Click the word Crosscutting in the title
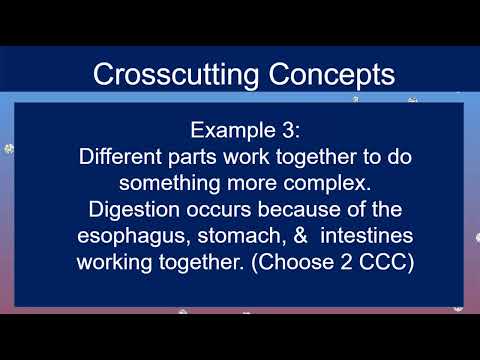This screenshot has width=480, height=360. click(x=173, y=73)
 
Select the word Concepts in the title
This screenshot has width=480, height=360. click(x=324, y=73)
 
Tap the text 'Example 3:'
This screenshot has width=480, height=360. click(x=239, y=131)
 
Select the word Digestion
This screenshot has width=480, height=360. click(x=133, y=210)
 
